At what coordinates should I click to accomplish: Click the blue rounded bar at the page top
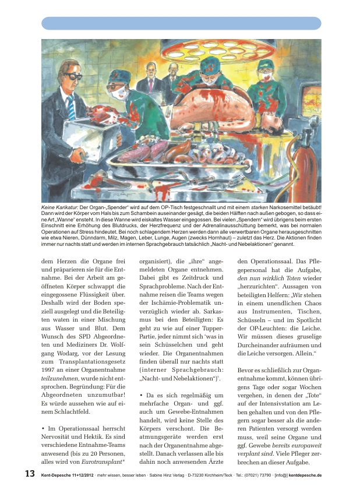point(181,23)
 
